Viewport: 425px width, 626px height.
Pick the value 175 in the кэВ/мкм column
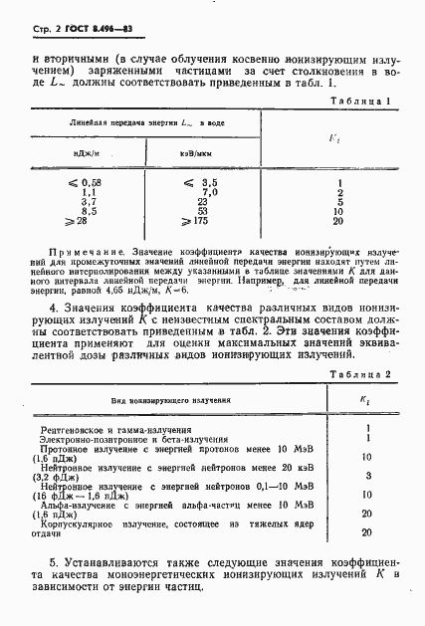206,220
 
